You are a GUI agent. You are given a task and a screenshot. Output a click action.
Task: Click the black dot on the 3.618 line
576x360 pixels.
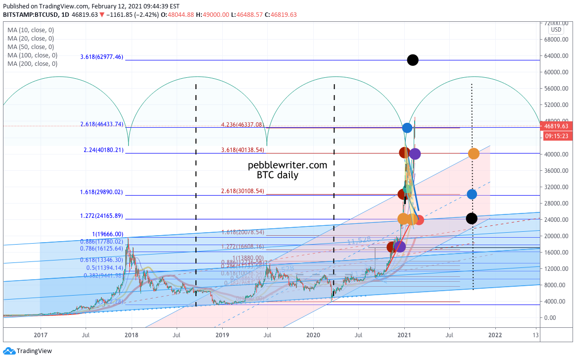pos(413,60)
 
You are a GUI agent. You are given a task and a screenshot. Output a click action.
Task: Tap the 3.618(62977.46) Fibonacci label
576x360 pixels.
pos(101,57)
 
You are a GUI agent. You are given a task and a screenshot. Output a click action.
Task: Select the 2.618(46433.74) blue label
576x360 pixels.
pos(101,124)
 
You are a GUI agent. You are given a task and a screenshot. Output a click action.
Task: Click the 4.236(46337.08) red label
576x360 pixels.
pos(242,124)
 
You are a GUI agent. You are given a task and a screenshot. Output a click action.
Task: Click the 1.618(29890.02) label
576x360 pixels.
pos(101,192)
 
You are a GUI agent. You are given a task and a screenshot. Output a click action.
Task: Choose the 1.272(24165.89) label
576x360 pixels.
pos(101,216)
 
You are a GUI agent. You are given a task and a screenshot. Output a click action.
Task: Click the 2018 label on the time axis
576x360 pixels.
pos(132,334)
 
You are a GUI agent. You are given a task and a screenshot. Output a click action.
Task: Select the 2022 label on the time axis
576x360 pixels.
pos(495,334)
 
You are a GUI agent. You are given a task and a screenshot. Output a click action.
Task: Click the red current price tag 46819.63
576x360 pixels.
pos(558,126)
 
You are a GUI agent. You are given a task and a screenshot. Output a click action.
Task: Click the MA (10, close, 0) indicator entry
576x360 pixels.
pos(31,30)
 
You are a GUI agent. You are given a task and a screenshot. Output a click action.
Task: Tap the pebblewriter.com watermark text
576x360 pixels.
pos(288,165)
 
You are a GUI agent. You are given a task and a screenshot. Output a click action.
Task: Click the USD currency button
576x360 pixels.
pos(556,30)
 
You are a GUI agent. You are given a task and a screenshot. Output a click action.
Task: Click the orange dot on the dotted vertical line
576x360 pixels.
pos(474,154)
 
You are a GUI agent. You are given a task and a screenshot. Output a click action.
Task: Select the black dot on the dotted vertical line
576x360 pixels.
pos(472,218)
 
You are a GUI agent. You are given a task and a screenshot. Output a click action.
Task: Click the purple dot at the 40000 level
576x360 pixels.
pos(415,154)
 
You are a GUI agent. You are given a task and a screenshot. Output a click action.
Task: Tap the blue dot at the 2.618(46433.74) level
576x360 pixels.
pos(407,128)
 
